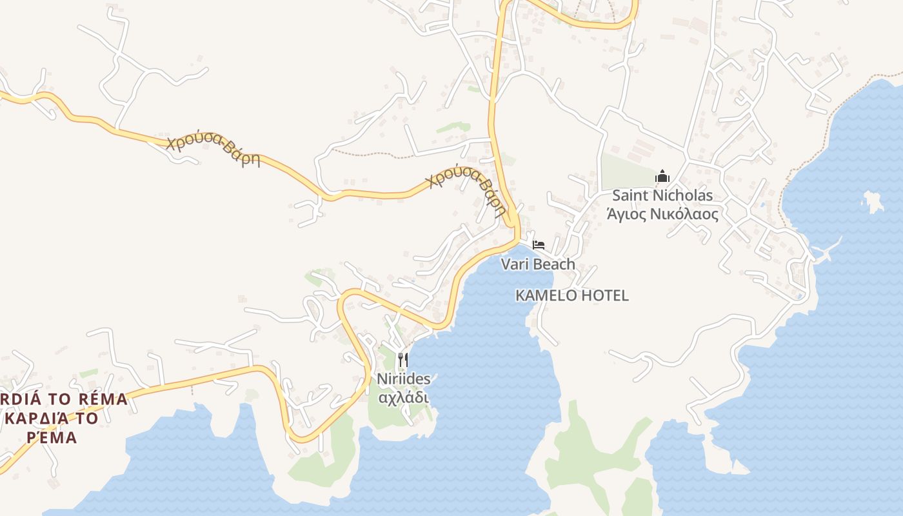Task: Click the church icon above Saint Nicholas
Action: coord(662,176)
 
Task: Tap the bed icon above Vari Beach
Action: coord(539,244)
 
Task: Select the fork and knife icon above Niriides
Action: coord(403,359)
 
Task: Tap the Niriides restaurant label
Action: coord(404,379)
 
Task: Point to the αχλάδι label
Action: coord(403,397)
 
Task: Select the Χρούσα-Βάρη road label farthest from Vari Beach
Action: coord(213,150)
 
